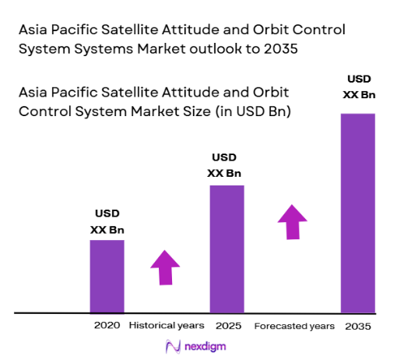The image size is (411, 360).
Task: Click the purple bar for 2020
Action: [107, 276]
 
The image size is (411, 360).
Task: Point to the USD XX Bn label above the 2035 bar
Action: [359, 87]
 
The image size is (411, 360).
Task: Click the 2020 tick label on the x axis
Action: [107, 325]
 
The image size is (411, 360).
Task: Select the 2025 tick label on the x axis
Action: [227, 325]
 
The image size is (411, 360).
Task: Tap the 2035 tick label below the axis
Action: [358, 325]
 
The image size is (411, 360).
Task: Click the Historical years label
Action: [167, 325]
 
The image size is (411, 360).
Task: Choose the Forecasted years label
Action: [294, 325]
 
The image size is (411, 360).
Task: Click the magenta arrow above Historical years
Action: [165, 268]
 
